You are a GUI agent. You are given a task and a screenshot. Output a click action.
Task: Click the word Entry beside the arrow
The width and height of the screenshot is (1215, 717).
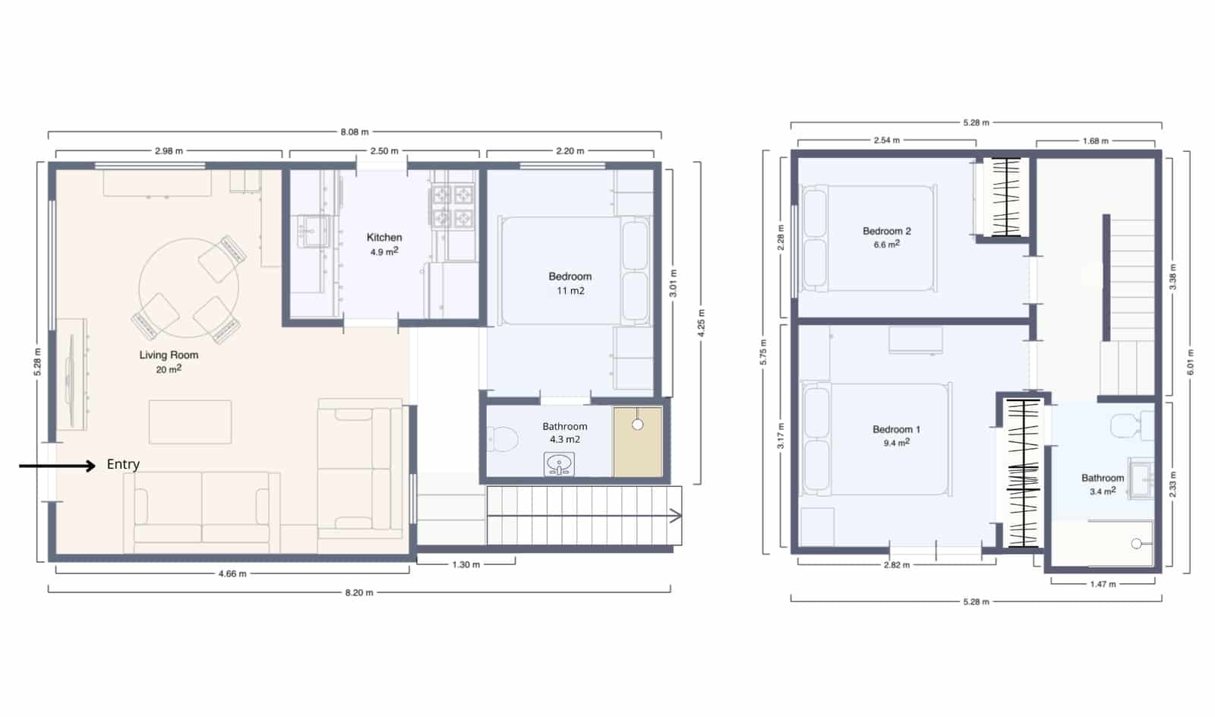coord(123,464)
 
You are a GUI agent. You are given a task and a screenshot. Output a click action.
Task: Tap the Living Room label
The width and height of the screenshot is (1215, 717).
coord(169,355)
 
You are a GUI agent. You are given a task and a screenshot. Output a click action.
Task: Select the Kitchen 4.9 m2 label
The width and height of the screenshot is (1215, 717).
coord(384,244)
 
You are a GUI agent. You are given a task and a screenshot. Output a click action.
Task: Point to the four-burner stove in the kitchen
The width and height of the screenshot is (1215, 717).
coord(453,207)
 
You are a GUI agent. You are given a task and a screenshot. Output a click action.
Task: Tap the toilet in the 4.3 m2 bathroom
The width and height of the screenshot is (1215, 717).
coord(502,438)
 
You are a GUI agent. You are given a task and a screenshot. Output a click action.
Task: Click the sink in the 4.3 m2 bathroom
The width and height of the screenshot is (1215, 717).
coord(560,464)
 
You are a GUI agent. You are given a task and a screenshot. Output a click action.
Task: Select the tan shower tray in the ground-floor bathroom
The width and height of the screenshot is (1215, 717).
coord(638,443)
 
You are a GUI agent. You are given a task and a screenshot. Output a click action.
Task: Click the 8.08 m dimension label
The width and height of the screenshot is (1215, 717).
coord(354,132)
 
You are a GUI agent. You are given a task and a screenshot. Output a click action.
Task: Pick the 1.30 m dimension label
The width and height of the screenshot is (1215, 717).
coord(465,564)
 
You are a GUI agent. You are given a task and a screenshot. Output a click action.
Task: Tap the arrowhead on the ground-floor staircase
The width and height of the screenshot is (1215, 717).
coord(675,516)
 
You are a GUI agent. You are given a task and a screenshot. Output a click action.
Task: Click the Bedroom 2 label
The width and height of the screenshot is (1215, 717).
coord(886,231)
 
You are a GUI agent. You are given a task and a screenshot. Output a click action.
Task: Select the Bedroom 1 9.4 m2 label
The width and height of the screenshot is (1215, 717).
coord(896,435)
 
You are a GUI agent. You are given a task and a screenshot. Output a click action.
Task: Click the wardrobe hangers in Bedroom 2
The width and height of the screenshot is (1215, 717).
coord(1006,197)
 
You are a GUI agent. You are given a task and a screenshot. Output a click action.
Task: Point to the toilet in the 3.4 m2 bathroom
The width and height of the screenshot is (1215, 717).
coord(1131,425)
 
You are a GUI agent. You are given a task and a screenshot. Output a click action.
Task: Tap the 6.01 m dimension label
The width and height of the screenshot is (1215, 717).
coord(1190,362)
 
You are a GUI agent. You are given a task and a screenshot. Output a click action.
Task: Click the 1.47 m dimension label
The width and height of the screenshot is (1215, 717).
coord(1103,584)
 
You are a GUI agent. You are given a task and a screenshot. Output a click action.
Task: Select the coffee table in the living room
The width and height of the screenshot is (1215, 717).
coord(190,422)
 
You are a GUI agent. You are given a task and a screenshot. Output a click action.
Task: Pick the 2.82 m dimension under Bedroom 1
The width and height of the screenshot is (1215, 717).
coord(896,565)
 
